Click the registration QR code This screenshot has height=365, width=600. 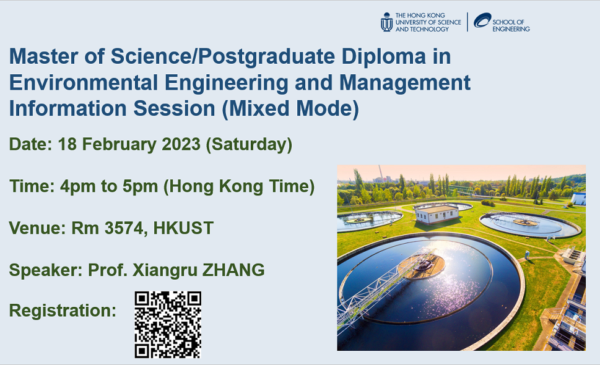[168, 325]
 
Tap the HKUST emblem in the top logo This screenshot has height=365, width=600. [387, 22]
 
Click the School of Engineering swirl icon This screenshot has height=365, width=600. [482, 20]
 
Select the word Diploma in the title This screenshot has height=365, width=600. [384, 56]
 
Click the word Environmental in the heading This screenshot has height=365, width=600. [84, 82]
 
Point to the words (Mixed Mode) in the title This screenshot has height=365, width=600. [290, 108]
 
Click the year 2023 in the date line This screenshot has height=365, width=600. [181, 145]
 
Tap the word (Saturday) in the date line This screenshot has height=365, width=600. [249, 145]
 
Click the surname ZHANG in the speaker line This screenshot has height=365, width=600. [233, 270]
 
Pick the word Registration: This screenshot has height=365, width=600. [63, 311]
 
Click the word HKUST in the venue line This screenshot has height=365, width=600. [183, 228]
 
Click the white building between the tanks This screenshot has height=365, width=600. [437, 214]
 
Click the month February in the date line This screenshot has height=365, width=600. [120, 145]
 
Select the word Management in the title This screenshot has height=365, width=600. [405, 83]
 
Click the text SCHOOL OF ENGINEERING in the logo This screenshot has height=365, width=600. [511, 25]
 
